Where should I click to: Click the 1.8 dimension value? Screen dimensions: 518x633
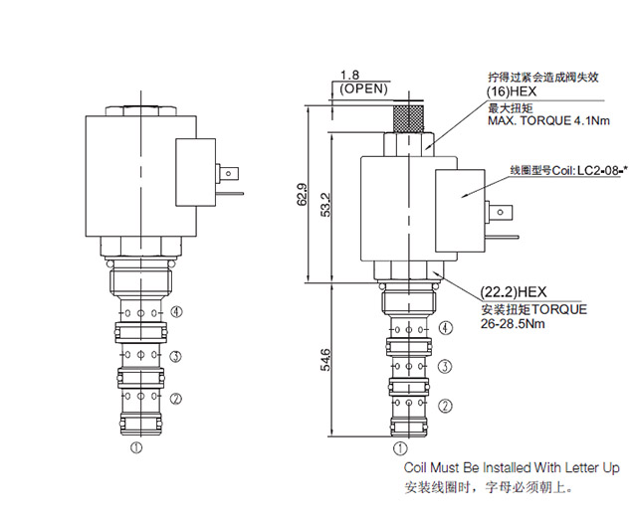[x=348, y=76]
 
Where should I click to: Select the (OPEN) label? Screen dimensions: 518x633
[x=363, y=88]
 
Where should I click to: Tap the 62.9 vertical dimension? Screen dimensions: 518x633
[x=303, y=195]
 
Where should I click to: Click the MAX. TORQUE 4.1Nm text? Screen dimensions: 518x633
[x=547, y=121]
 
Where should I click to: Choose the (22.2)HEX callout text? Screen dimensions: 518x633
[x=514, y=291]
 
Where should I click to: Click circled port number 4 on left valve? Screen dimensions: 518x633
[x=176, y=310]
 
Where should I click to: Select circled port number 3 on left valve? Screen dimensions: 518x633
[x=176, y=355]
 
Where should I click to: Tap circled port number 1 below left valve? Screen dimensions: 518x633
[x=136, y=448]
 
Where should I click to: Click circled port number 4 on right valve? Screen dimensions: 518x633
[x=446, y=328]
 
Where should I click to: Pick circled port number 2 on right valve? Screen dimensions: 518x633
[x=446, y=405]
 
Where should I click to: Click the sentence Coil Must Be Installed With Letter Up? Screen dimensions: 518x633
[x=511, y=467]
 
